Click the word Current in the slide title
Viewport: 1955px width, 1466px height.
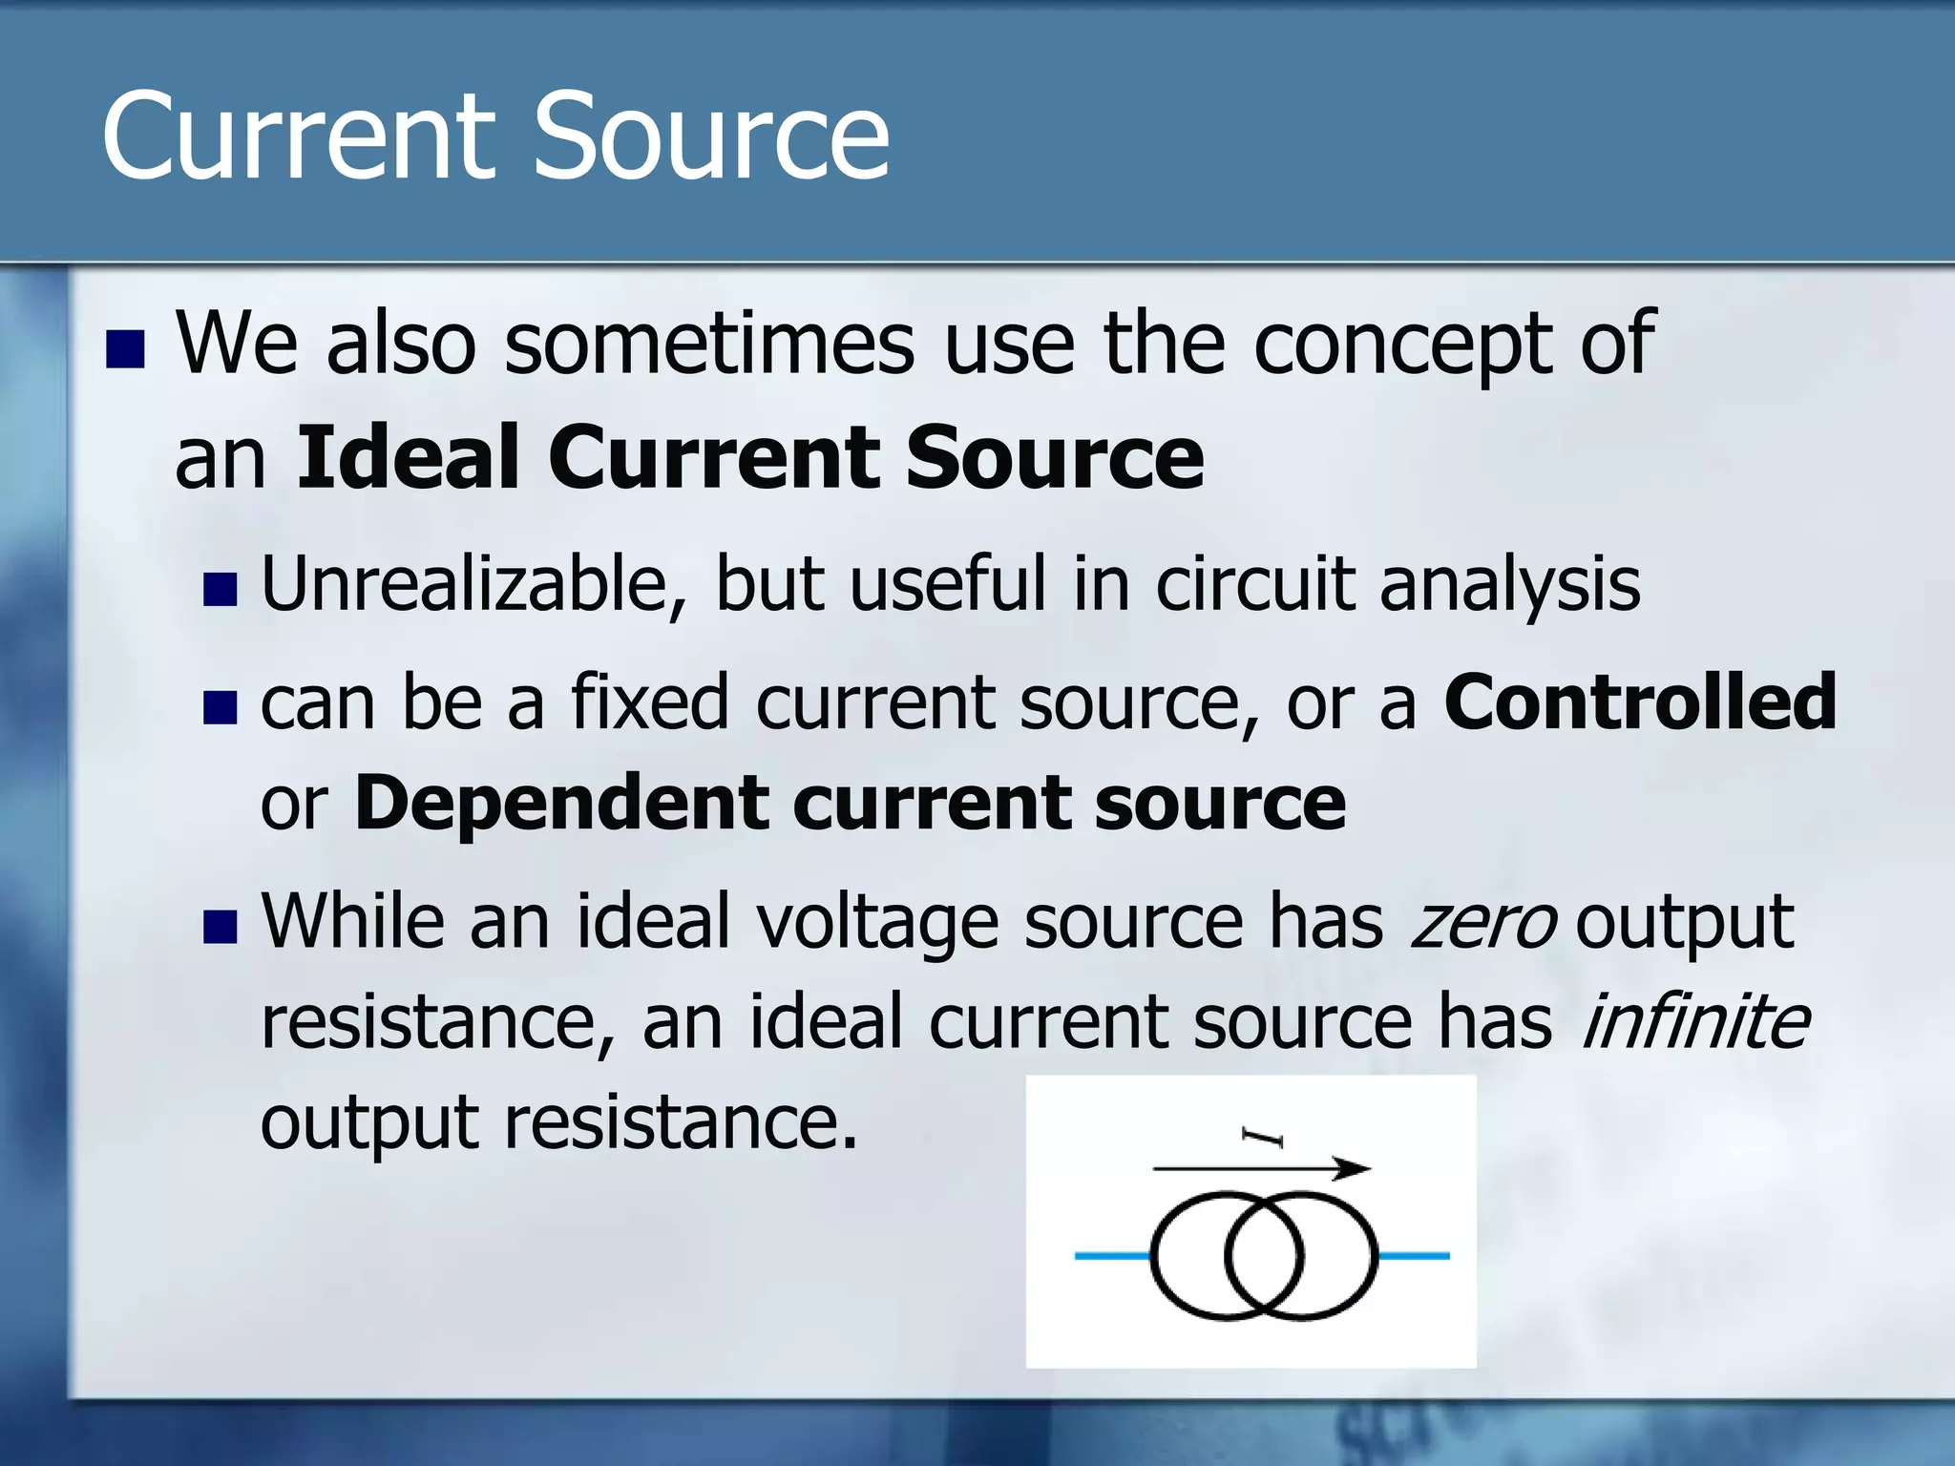pyautogui.click(x=299, y=136)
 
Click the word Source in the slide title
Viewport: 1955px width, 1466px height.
pyautogui.click(x=710, y=136)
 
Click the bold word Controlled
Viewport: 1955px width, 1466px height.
pyautogui.click(x=1640, y=702)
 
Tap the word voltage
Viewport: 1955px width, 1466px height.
pyautogui.click(x=877, y=923)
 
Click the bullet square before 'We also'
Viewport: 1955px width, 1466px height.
pyautogui.click(x=125, y=349)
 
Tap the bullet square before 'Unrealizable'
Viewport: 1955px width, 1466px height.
pyautogui.click(x=221, y=590)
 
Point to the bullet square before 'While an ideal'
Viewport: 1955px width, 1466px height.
pyautogui.click(x=221, y=927)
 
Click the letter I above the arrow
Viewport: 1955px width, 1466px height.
pyautogui.click(x=1263, y=1137)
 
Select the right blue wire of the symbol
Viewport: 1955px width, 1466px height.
pyautogui.click(x=1414, y=1256)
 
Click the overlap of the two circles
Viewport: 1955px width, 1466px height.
pyautogui.click(x=1264, y=1256)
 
